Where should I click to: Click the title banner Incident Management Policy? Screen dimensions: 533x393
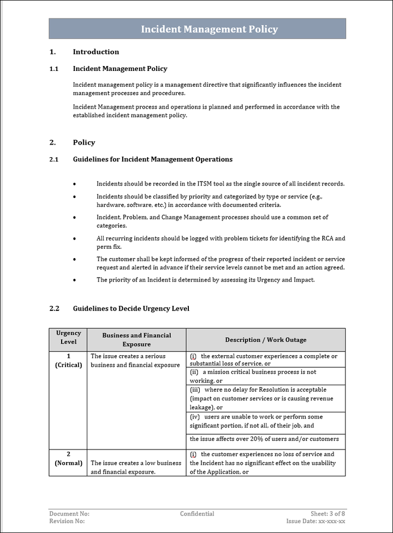[x=209, y=29]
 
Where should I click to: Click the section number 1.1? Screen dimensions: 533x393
[x=54, y=69]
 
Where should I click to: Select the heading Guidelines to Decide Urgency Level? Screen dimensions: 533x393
[x=131, y=309]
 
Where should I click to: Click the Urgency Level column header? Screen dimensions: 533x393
[x=68, y=337]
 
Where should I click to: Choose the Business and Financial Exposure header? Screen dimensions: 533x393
[x=136, y=340]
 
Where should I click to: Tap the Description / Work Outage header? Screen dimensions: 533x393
[x=265, y=340]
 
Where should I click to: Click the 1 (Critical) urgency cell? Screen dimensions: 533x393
[x=68, y=361]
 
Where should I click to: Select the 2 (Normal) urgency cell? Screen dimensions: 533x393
[x=68, y=458]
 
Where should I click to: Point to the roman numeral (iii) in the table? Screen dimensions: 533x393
[x=195, y=390]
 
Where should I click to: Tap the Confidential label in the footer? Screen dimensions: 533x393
[x=197, y=514]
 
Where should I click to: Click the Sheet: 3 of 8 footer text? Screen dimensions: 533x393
[x=327, y=514]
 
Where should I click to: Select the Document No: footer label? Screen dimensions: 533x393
[x=69, y=514]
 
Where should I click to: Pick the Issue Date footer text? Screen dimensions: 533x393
[x=315, y=522]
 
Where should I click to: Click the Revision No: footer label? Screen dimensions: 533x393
[x=67, y=522]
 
